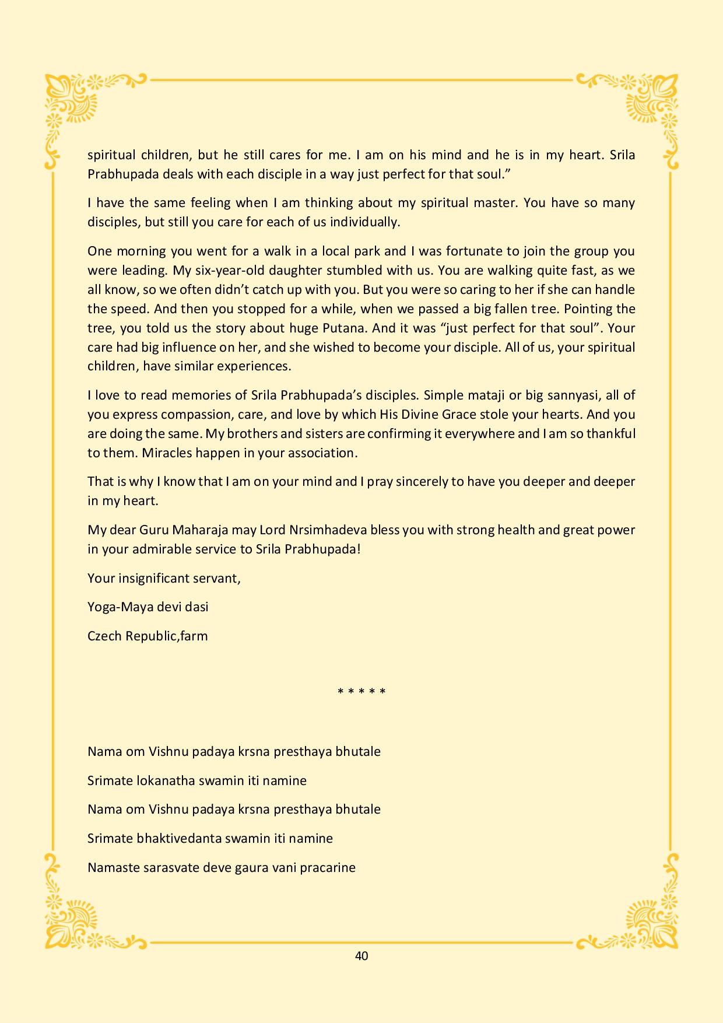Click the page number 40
coord(361,955)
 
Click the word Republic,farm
coord(174,636)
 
